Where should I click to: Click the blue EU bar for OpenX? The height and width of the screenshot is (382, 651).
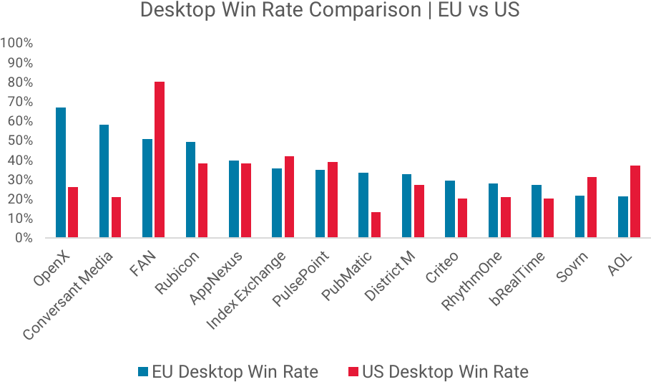(61, 172)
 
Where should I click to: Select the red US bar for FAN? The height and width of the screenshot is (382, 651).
(160, 159)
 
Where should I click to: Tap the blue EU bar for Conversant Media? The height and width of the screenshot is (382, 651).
(104, 181)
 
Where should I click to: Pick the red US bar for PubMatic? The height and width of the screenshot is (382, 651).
(376, 224)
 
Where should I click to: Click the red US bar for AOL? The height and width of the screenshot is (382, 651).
(635, 201)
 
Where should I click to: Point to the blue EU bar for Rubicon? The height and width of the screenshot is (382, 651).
(190, 189)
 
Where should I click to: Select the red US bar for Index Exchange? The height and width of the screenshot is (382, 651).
(289, 196)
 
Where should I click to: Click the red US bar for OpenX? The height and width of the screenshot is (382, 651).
(73, 212)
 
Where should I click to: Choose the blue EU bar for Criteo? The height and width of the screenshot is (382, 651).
(450, 209)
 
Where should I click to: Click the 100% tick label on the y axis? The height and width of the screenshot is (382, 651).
(17, 43)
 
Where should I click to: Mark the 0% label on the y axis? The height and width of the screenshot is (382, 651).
(23, 238)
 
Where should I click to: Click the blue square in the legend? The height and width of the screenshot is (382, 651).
(143, 371)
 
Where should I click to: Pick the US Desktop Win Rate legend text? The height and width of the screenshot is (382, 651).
(445, 371)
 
